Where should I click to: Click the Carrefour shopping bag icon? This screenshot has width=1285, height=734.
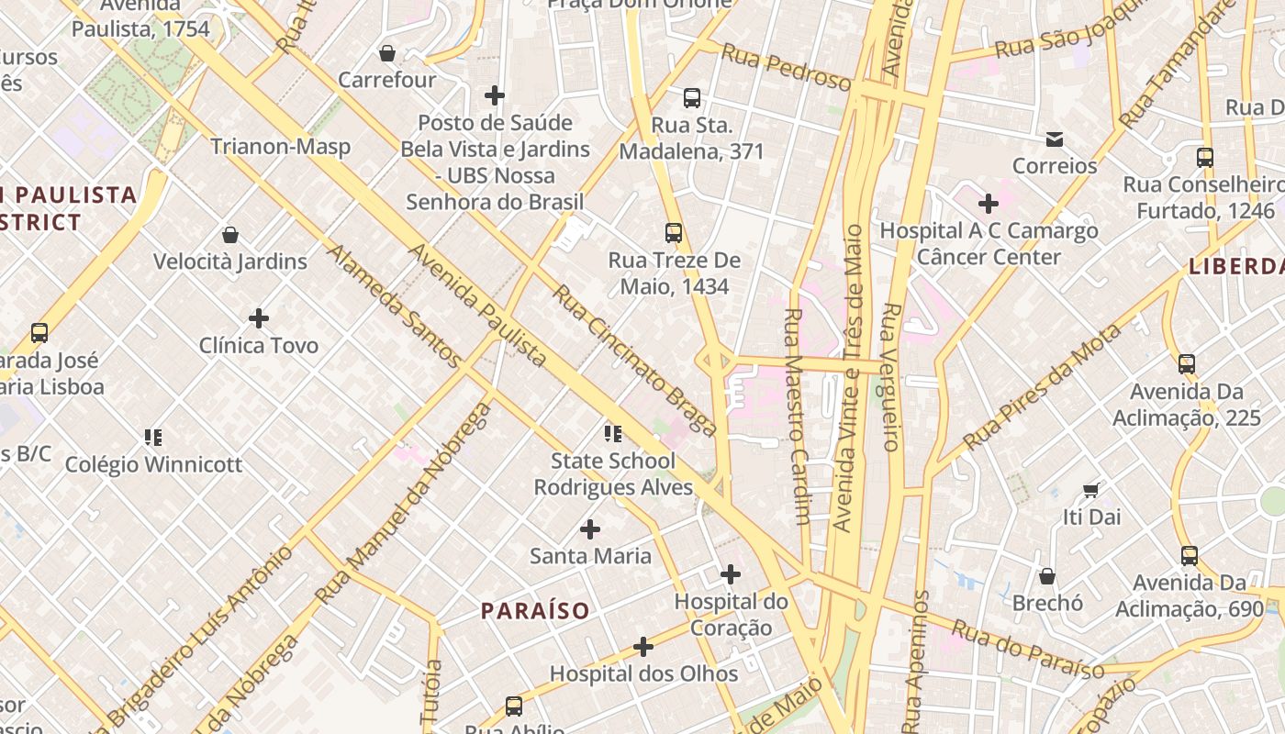(x=387, y=53)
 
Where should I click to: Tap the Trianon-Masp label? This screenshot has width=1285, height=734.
(x=280, y=147)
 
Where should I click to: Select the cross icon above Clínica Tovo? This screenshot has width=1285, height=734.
(x=259, y=318)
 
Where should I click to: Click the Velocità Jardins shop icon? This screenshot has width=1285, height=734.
(x=229, y=235)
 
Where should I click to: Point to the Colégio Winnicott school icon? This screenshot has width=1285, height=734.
(x=153, y=437)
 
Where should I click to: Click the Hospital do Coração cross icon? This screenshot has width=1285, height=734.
(x=731, y=574)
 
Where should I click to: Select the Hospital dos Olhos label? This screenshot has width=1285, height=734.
(x=643, y=673)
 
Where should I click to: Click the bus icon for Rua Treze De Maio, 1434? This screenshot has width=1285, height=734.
(x=674, y=233)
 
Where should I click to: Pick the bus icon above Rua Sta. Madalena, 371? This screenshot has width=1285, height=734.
(x=692, y=97)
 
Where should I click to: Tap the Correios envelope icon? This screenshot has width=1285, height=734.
(x=1055, y=139)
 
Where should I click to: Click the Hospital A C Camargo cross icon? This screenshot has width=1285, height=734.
(x=989, y=203)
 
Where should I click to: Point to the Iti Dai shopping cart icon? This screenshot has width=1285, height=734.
(x=1091, y=490)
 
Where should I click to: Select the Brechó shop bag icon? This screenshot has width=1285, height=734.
(x=1047, y=576)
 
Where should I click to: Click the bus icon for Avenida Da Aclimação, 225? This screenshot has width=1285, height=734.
(x=1187, y=364)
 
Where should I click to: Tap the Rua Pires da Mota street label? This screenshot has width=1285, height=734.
(x=1043, y=389)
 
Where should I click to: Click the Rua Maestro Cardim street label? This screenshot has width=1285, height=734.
(x=796, y=415)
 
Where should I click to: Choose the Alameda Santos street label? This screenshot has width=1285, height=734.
(x=395, y=306)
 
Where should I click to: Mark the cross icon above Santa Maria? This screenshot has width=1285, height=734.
(x=590, y=529)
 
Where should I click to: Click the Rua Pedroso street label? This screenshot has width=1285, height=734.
(x=786, y=67)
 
